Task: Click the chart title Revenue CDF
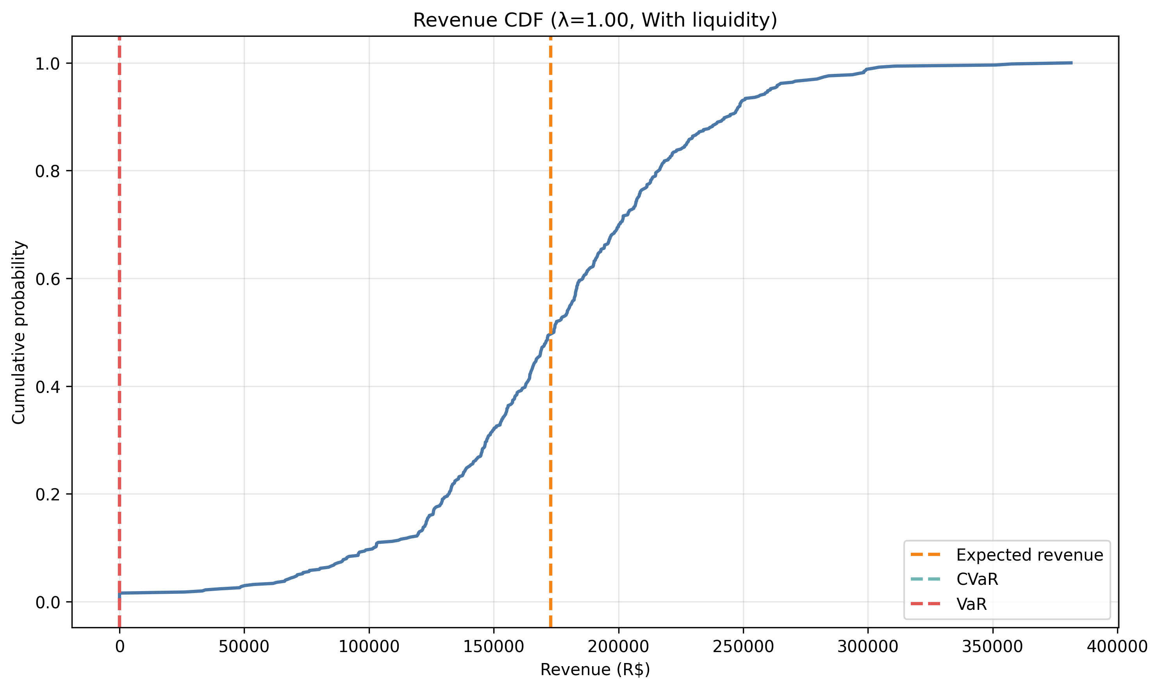click(x=594, y=20)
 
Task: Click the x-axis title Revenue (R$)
click(x=594, y=670)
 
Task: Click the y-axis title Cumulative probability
click(x=19, y=332)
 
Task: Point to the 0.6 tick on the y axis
click(x=48, y=279)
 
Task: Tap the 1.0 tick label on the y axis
click(x=48, y=64)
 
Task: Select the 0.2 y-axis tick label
click(x=48, y=494)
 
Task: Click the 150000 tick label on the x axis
click(x=493, y=647)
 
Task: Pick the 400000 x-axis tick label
click(x=1117, y=647)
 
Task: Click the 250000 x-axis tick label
click(x=743, y=647)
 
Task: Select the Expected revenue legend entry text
click(x=1029, y=555)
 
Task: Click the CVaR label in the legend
click(x=977, y=579)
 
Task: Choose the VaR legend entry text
click(x=971, y=604)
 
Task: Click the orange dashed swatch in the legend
click(x=925, y=555)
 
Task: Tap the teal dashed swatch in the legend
click(x=925, y=579)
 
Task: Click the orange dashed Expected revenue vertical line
click(x=550, y=186)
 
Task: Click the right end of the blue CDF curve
click(x=1071, y=63)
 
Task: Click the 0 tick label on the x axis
click(x=120, y=647)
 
